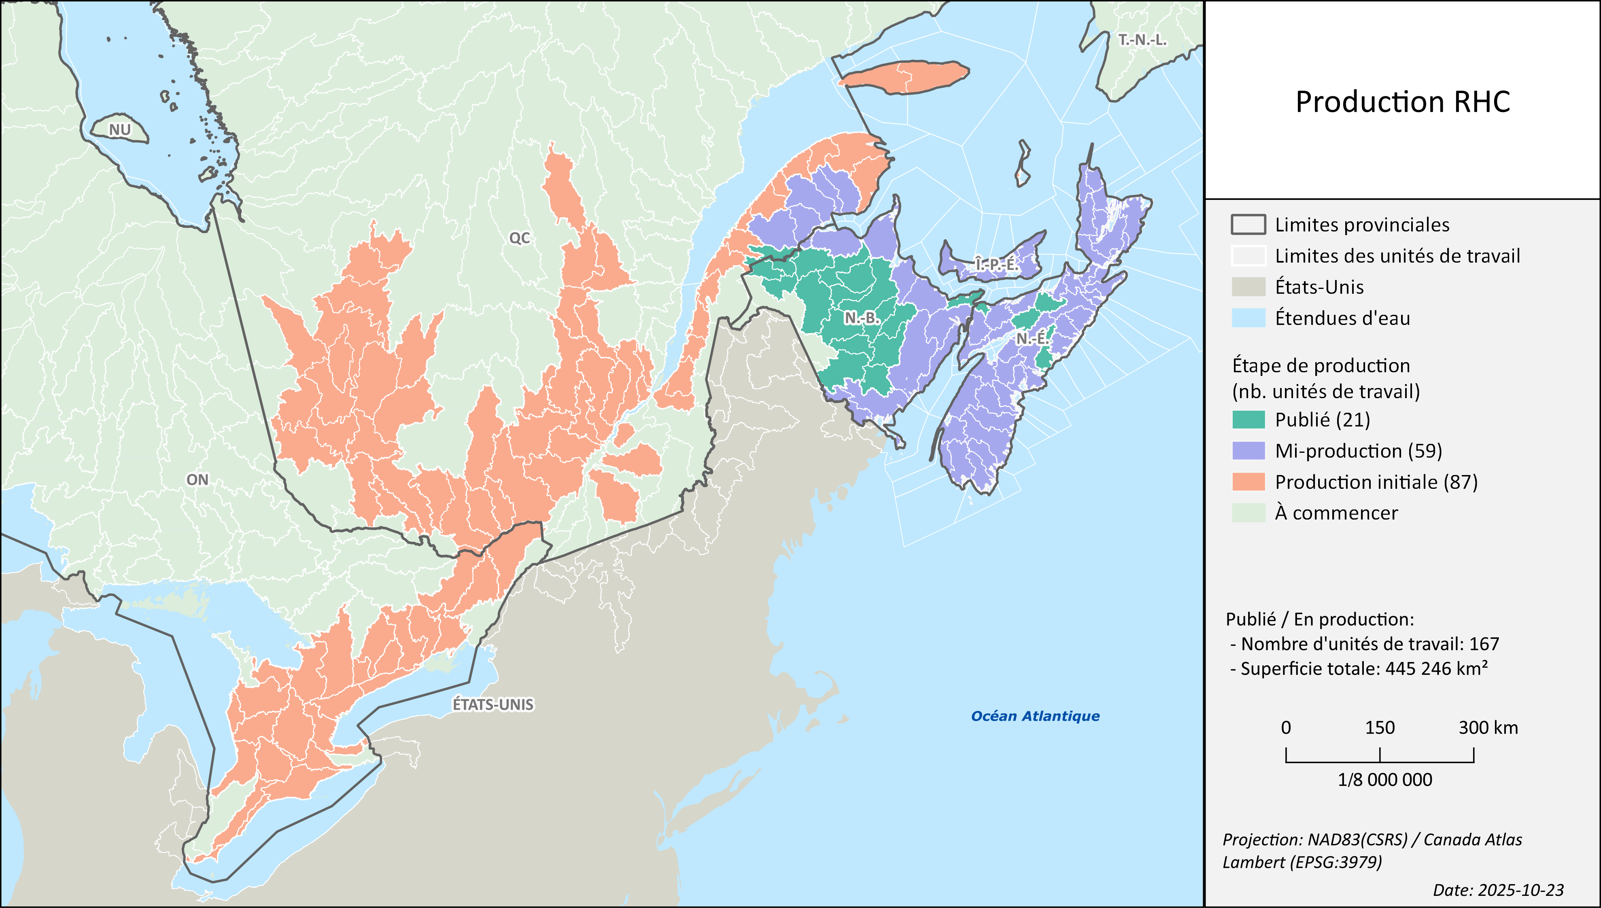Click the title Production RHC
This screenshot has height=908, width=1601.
coord(1403,102)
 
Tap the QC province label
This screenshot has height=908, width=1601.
coord(520,238)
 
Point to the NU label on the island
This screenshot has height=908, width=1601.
coord(120,130)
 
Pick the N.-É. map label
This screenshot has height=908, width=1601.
coord(1032,339)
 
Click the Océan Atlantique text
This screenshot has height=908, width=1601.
coord(1035,716)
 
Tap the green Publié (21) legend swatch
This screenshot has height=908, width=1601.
coord(1248,420)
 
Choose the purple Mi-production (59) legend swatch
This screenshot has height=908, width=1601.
coord(1248,451)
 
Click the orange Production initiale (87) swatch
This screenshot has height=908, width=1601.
coord(1248,482)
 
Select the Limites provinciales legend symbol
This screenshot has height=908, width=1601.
coord(1248,225)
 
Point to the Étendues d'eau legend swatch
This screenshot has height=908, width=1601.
coord(1248,318)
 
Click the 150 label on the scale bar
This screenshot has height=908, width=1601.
coord(1380,728)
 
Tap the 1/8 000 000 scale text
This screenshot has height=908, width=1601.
coord(1384,780)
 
